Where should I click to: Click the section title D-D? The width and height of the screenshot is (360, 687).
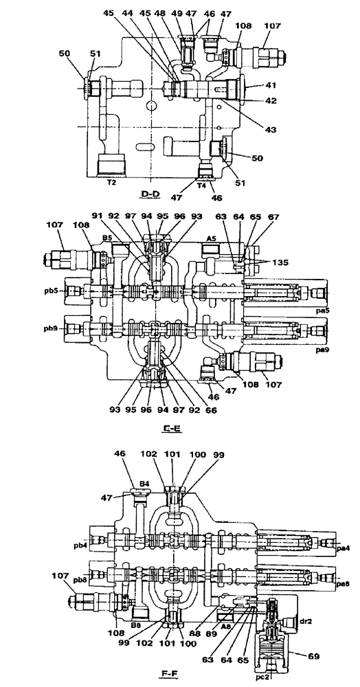coord(150,194)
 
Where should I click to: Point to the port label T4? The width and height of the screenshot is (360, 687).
coord(202,184)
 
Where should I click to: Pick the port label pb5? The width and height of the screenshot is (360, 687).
coord(52,291)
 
